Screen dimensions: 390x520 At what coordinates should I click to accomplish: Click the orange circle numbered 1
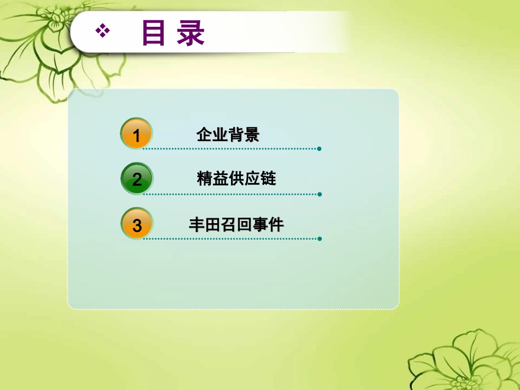tap(136, 133)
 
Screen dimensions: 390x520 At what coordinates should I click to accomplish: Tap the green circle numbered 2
tap(136, 179)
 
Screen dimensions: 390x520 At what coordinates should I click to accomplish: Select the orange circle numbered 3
tap(136, 224)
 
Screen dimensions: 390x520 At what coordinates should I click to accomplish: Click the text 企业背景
tap(228, 135)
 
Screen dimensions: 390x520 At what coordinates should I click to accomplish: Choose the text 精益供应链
tap(236, 179)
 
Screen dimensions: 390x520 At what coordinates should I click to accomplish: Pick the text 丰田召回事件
tap(236, 224)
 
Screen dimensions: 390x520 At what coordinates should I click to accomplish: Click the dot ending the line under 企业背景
tap(319, 149)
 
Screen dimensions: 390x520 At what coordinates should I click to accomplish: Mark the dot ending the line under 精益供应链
tap(319, 194)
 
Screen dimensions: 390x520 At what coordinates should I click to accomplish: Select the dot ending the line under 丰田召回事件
tap(319, 239)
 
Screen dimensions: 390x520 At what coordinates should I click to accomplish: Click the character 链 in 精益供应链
tap(268, 179)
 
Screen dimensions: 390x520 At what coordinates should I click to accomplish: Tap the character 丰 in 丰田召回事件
tap(197, 224)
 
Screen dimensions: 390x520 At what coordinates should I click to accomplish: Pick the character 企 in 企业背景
tap(204, 135)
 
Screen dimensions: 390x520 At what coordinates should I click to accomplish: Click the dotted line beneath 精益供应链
tap(230, 194)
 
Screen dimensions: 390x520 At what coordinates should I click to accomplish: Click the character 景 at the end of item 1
tap(252, 135)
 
